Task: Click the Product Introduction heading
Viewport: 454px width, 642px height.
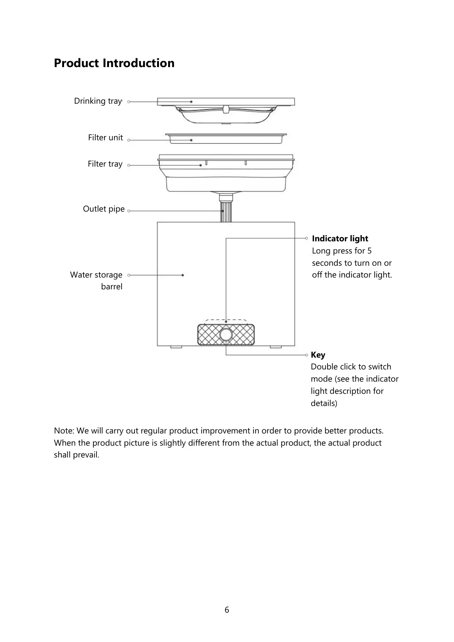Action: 114,63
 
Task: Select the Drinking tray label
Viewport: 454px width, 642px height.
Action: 98,101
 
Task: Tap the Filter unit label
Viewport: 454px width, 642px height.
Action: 105,138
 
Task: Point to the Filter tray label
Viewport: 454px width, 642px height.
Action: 105,164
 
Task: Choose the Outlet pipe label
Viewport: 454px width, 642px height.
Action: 104,209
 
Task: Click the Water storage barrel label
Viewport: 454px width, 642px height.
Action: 96,281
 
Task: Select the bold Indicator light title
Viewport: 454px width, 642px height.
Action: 340,239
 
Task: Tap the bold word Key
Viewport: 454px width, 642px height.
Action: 318,355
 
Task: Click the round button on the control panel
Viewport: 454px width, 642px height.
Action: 226,334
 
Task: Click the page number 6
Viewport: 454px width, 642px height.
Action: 227,610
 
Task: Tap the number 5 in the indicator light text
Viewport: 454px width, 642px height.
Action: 369,251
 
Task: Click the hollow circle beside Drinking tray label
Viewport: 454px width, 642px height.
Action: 129,102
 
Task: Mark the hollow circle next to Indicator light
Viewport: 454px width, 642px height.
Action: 306,238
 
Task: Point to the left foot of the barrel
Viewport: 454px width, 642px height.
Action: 176,347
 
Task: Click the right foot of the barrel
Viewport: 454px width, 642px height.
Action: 276,347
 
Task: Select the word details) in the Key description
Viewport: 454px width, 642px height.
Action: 324,403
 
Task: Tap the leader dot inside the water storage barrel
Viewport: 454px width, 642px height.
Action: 183,275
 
